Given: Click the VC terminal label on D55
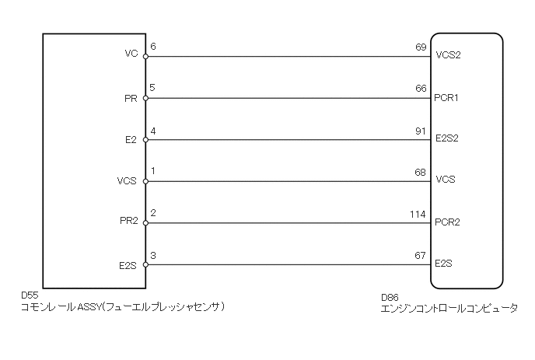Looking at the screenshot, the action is coord(131,54).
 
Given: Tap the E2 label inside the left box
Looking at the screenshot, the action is coord(131,139).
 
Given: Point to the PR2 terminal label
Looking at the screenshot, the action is coord(128,222).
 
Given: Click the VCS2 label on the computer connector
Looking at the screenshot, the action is coord(449,55).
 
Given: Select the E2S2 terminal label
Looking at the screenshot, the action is coord(449,139).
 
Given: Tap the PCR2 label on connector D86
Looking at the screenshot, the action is coord(449,222).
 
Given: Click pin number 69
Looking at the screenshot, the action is coord(421,47).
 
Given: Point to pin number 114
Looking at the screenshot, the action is coord(418,214).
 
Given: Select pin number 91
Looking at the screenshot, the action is coord(421,131).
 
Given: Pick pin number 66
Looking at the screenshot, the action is coord(421,89).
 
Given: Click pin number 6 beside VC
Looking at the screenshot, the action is coord(152,47).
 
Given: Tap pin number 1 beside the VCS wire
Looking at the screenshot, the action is coord(152,172).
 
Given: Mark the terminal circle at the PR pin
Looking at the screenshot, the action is coord(145,98).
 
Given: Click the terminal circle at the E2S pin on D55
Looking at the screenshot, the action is coord(145,265).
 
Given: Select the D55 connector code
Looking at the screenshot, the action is coord(30,296).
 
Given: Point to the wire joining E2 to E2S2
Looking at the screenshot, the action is coord(288,140).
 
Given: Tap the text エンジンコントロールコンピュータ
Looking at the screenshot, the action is coord(449,309).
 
